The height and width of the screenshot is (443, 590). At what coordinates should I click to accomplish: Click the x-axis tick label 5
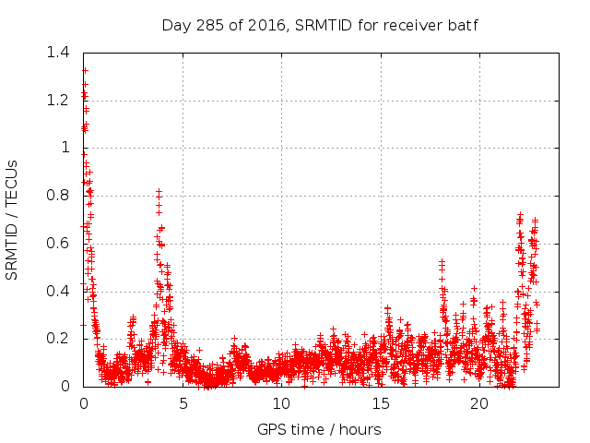tap(183, 403)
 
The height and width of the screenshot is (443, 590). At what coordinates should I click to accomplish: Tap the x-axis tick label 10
tap(281, 403)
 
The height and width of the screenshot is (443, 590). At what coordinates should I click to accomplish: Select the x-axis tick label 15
tap(380, 403)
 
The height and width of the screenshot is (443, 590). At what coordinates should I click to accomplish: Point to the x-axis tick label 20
tap(478, 403)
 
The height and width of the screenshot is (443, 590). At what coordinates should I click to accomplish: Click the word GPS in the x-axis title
tap(271, 429)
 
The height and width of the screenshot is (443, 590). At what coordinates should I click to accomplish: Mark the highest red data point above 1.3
tap(85, 70)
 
